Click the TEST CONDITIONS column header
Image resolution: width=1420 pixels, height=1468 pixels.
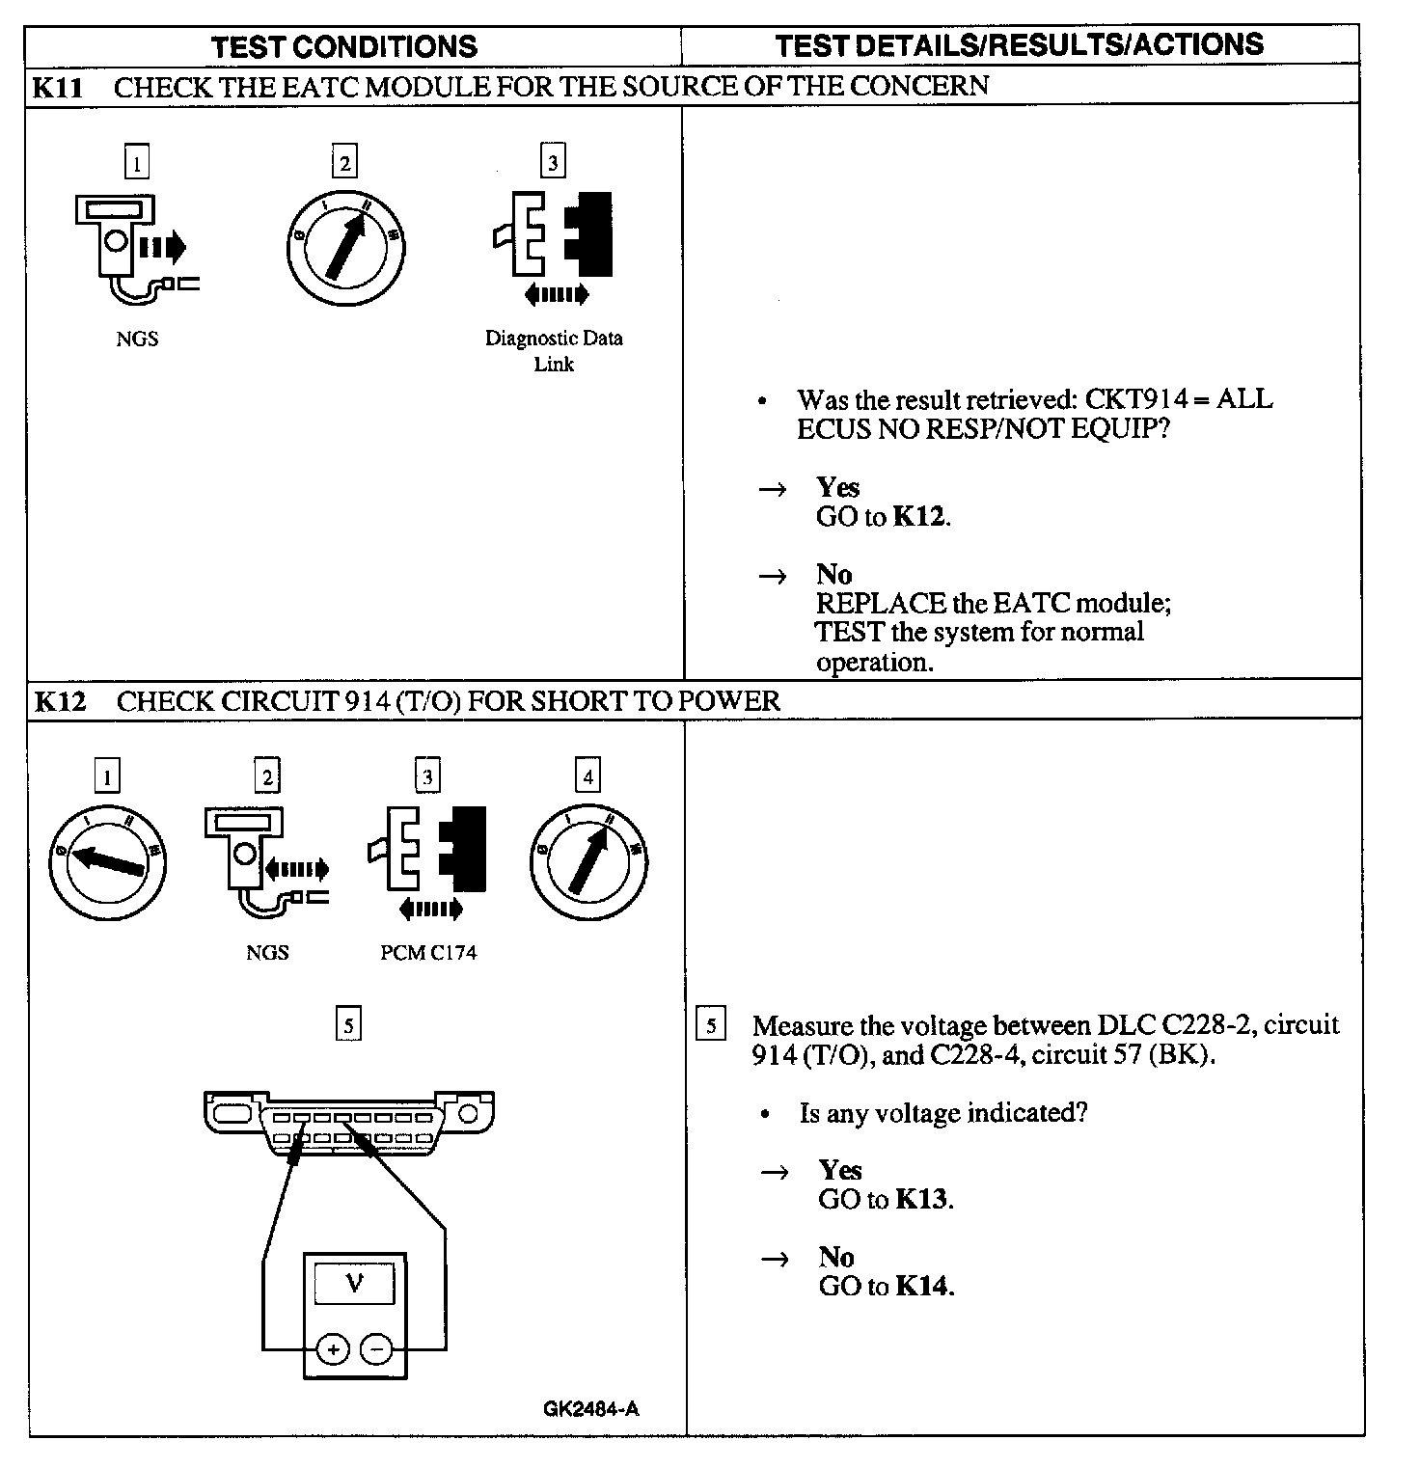(343, 47)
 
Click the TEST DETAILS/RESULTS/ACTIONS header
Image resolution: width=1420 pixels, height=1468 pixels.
(1019, 44)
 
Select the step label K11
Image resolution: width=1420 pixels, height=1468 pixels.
(58, 88)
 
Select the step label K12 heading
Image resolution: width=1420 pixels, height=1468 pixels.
(60, 701)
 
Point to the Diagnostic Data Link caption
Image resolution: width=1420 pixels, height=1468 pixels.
(554, 351)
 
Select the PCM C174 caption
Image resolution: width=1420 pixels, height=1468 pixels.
(428, 953)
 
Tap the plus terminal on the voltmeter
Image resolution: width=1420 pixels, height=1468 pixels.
(333, 1349)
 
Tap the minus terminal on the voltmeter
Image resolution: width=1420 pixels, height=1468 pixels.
(377, 1349)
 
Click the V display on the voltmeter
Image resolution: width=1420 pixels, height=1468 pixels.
(354, 1285)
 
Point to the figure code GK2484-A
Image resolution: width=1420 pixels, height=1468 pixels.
(590, 1409)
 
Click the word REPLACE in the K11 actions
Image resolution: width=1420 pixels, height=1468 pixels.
(881, 604)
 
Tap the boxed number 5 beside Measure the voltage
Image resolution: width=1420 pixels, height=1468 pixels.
(711, 1025)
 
